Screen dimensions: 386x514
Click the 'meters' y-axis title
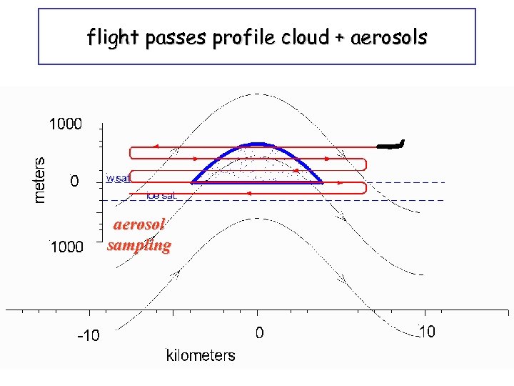(41, 179)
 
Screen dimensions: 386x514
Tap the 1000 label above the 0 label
(65, 124)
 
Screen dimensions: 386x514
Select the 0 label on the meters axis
(74, 182)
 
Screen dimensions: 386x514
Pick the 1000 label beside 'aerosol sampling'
(65, 247)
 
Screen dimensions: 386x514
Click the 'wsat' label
(118, 178)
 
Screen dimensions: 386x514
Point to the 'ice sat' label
(162, 195)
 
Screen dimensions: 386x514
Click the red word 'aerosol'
(140, 224)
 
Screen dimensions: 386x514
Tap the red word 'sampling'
(139, 245)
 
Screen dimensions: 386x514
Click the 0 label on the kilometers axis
(260, 332)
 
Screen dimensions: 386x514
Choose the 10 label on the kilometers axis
(425, 332)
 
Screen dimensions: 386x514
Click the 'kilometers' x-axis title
(201, 355)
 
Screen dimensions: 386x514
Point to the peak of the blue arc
(258, 144)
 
